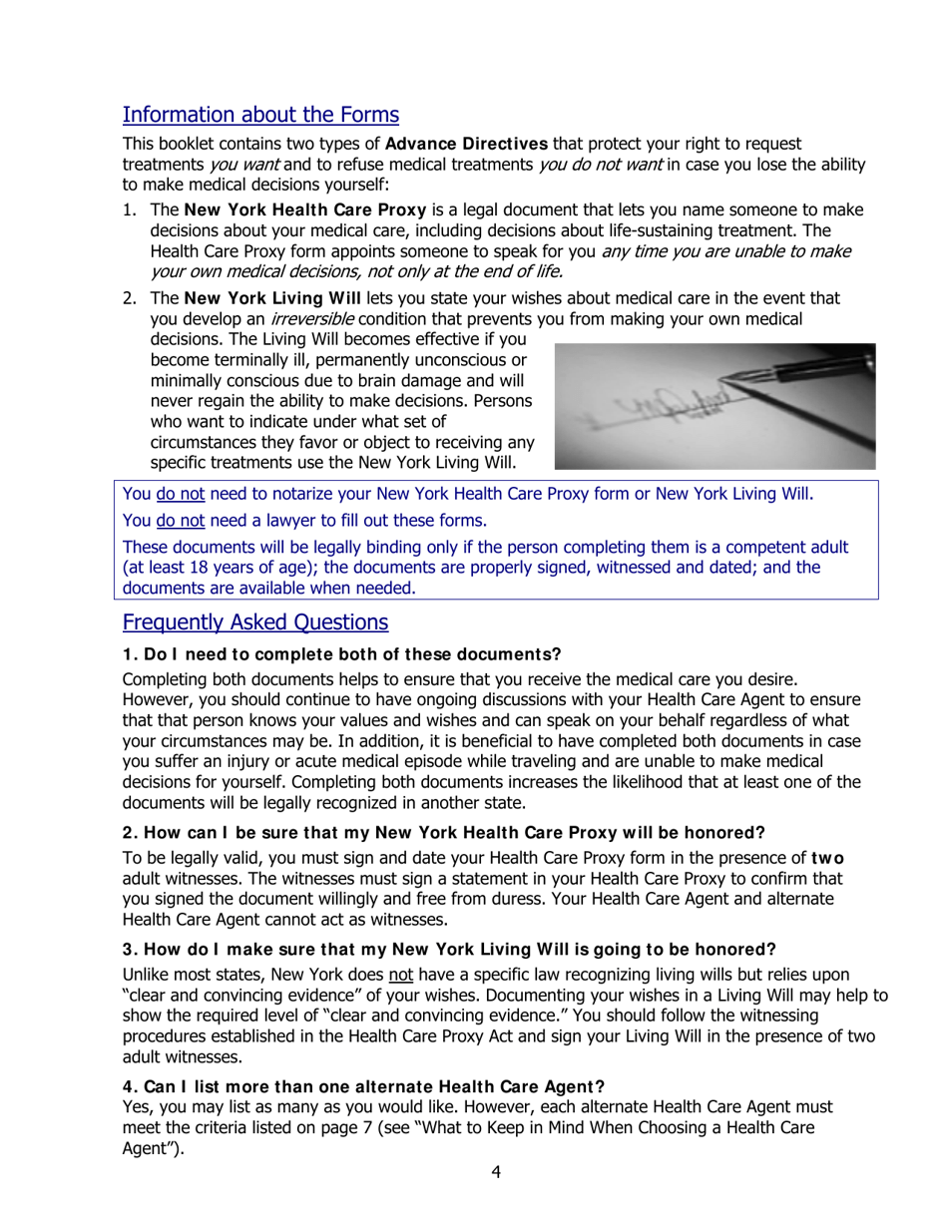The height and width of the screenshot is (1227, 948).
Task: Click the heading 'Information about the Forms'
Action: click(260, 115)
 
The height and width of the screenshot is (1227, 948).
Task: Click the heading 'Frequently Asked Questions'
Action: click(255, 622)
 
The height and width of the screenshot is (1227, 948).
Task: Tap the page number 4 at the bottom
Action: click(496, 1172)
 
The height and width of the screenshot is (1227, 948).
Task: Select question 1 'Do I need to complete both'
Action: click(341, 654)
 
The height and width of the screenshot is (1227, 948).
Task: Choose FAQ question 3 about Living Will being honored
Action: click(449, 949)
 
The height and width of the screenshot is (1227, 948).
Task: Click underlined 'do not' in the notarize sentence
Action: click(180, 494)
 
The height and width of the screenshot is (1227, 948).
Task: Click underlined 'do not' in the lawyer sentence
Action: click(180, 521)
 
